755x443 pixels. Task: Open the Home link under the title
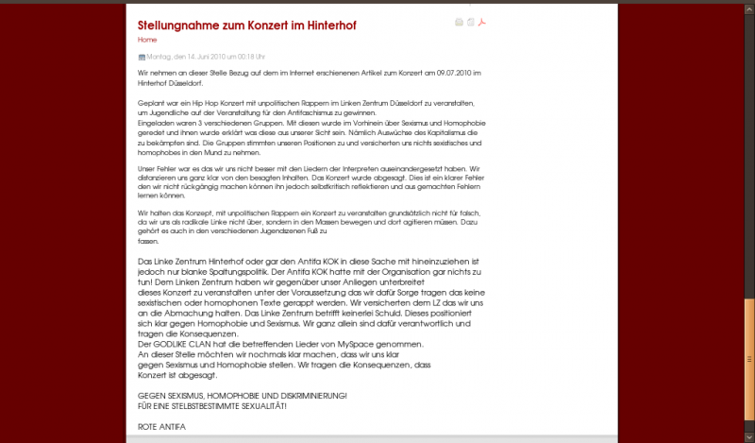click(x=147, y=40)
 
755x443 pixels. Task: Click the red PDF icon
click(x=481, y=22)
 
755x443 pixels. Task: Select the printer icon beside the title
click(x=459, y=22)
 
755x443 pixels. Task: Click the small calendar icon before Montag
click(x=142, y=58)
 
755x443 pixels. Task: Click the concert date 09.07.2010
click(x=446, y=73)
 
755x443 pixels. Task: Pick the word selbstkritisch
click(x=358, y=187)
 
